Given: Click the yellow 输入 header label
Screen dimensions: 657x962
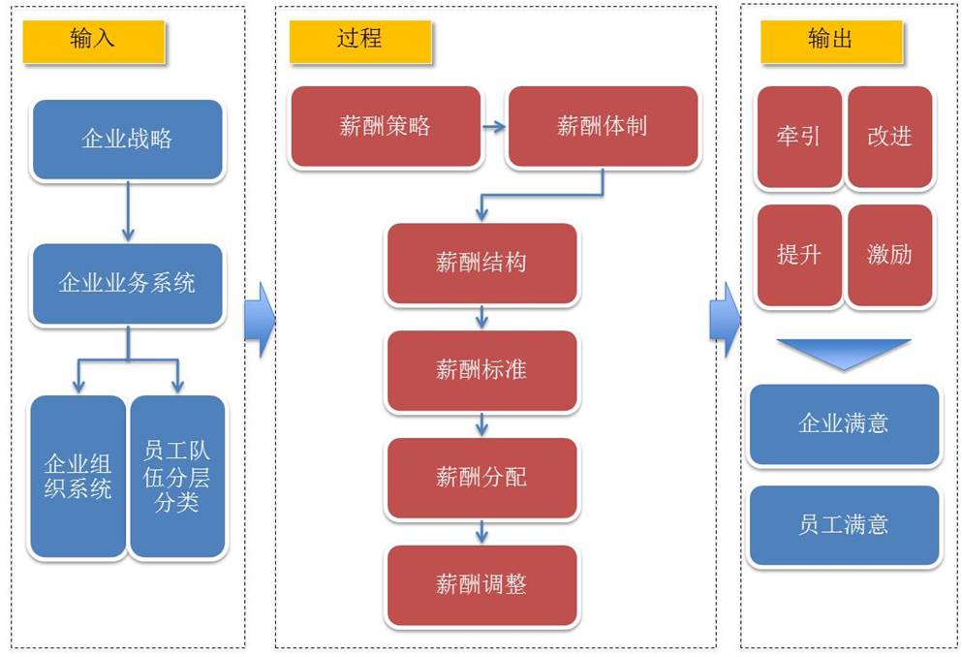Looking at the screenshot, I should coord(94,41).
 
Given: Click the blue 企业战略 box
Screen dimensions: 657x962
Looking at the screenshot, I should coord(127,139).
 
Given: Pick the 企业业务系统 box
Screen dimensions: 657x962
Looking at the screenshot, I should coord(127,283).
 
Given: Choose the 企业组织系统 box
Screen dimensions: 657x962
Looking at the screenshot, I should coord(78,476).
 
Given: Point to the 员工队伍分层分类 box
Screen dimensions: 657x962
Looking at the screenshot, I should coord(177,476).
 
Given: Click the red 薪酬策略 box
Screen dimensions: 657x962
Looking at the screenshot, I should coord(386,126).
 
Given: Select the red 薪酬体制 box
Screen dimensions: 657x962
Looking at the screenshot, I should coord(602,126).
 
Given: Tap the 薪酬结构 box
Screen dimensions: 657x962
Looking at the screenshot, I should coord(481,263).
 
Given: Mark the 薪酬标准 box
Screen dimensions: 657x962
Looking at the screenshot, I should coord(481,369).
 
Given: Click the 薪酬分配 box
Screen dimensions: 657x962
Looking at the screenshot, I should coord(481,477).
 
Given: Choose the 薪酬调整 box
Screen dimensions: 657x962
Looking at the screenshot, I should coord(481,584).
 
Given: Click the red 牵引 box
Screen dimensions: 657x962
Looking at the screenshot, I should coord(799,137).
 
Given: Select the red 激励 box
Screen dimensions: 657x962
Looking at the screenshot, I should coord(889,255).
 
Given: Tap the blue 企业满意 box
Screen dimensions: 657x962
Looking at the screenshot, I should coord(844,423).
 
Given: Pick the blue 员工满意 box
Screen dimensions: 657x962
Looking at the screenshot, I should coord(844,525).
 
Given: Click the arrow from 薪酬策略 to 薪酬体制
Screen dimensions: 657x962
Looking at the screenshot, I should coord(494,126).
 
